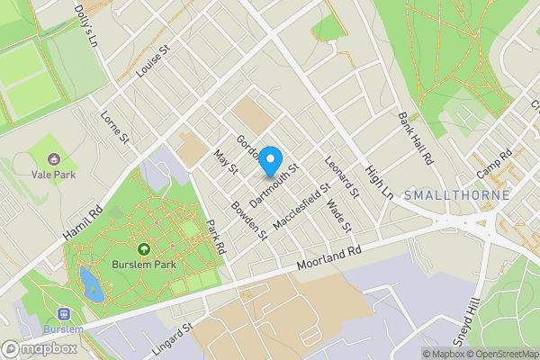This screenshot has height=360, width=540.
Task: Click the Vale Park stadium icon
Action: pos(52,158)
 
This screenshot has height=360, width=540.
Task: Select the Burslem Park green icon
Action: pos(142,249)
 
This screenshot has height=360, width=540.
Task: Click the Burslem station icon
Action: pos(64,314)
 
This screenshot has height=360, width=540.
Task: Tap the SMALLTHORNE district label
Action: pos(457,195)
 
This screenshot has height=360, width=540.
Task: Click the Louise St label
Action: pos(151,65)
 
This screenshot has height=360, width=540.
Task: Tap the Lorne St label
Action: pos(115,127)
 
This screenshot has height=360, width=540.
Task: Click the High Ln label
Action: pos(380,182)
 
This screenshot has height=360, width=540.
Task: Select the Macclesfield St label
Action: pos(304,207)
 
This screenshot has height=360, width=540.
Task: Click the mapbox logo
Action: pos(40,348)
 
